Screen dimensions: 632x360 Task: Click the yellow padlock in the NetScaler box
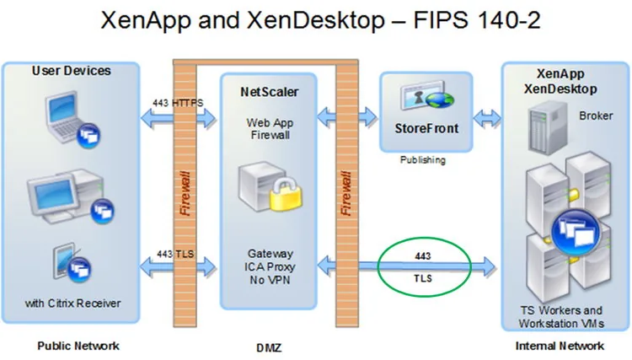[286, 195]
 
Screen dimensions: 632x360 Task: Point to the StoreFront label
[426, 128]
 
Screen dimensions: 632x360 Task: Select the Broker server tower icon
[547, 128]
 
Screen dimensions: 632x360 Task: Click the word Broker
[596, 116]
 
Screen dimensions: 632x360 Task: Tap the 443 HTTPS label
[178, 103]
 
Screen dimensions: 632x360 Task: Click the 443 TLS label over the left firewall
[175, 254]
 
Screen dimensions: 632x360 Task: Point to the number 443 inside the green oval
[423, 256]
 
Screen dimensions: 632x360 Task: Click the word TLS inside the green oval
[423, 278]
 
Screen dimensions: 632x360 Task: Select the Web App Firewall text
[270, 129]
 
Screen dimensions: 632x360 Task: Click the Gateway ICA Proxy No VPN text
[270, 266]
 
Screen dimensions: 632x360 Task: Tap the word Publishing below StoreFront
[423, 160]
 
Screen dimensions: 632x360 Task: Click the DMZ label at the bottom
[269, 347]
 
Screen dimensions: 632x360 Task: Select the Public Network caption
[78, 346]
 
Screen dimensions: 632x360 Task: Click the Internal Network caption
[560, 346]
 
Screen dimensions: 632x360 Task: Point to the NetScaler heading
[270, 92]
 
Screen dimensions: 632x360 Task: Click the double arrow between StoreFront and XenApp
[487, 118]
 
